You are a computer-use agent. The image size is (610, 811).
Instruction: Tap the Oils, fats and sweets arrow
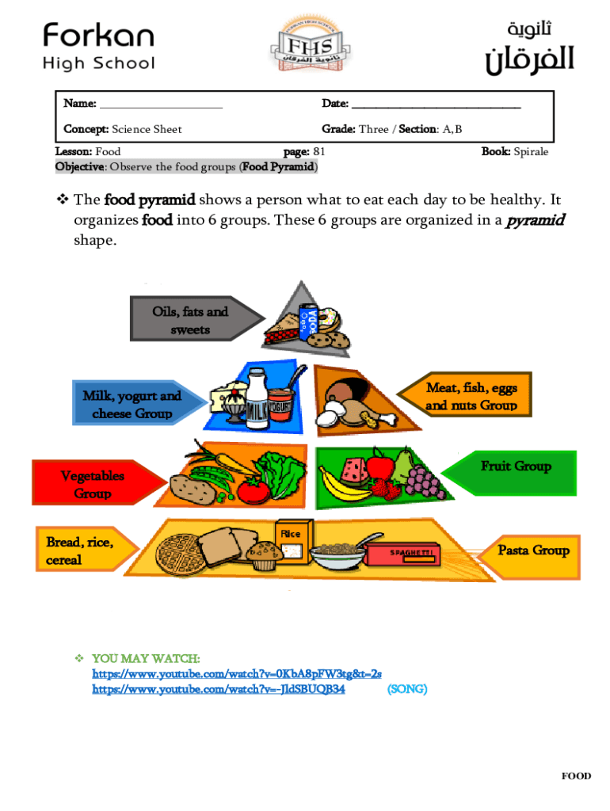pos(193,321)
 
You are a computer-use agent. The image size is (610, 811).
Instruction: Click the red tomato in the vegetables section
pos(254,491)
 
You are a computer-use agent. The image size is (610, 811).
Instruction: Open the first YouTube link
pos(237,673)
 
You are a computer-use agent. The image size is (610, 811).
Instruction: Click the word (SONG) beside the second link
pos(406,689)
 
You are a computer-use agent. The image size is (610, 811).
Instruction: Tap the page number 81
pos(319,151)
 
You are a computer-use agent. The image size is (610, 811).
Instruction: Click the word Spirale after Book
pos(531,151)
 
